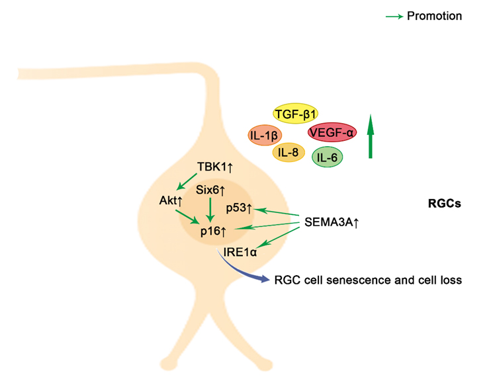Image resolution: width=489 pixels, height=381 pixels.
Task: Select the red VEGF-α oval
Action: [x=332, y=132]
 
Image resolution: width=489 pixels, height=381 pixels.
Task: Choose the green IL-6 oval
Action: [x=326, y=157]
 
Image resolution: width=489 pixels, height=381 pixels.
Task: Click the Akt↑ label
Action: [x=171, y=200]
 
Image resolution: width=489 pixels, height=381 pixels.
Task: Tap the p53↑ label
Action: [x=239, y=209]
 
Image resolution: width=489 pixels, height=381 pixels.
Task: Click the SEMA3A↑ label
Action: [x=332, y=223]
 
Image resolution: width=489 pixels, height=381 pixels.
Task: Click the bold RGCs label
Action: [x=444, y=204]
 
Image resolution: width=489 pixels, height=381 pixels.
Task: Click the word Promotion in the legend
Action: [x=435, y=16]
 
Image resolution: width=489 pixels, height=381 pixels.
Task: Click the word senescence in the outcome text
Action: [x=350, y=280]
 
